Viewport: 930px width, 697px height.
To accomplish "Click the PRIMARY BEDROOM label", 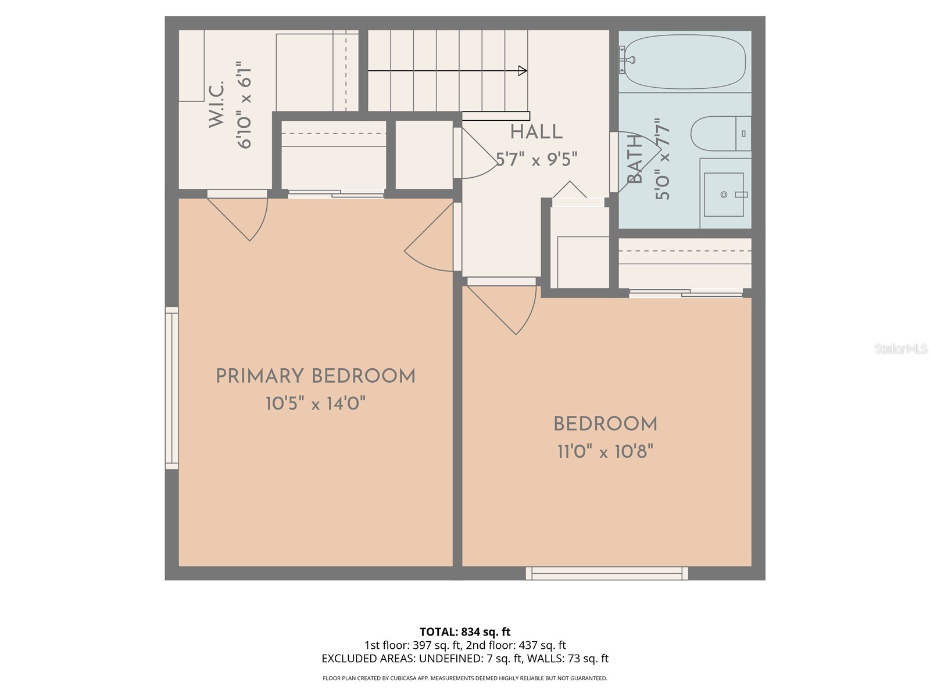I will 316,376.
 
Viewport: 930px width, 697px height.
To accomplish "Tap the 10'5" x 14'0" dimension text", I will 316,403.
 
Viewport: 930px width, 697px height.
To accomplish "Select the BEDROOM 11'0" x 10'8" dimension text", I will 605,451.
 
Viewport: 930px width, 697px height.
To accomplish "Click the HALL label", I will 536,132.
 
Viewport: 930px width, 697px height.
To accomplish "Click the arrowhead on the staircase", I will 522,71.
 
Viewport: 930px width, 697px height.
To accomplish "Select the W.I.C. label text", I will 216,105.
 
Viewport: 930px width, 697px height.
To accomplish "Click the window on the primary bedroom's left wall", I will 171,388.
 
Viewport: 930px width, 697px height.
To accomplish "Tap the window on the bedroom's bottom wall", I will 607,573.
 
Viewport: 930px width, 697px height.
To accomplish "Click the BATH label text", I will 635,159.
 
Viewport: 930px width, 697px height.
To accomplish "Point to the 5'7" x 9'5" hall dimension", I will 536,159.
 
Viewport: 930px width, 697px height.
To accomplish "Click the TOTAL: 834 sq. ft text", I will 465,631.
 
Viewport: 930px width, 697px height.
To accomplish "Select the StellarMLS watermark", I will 900,349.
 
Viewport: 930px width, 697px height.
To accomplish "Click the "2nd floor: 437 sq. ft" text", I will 516,645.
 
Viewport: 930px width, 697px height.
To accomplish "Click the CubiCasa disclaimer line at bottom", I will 465,678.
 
